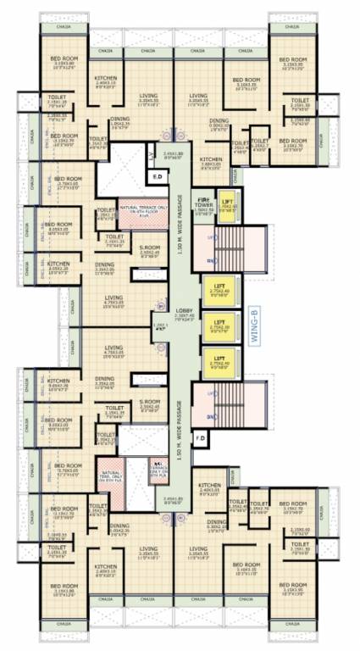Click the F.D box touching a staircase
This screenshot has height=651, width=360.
pos(201,437)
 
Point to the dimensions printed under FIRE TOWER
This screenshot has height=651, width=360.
pos(204,212)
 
